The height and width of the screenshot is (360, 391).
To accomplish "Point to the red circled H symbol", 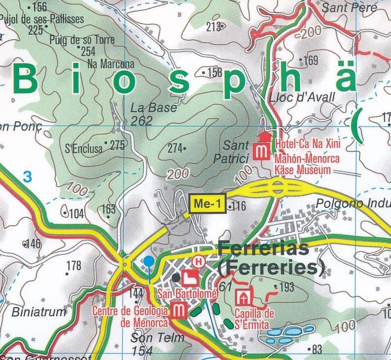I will (199, 261).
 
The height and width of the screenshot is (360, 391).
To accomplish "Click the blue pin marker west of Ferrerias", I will (149, 262).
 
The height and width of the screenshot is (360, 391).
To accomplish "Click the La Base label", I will (153, 107).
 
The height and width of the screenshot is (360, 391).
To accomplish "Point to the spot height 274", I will (175, 148).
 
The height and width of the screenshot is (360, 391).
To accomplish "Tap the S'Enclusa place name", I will (84, 146).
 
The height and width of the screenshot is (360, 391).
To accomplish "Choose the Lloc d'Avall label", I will (302, 97).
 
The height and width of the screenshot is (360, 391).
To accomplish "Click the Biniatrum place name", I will (38, 312).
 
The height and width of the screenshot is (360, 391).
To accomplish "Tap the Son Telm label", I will (157, 338).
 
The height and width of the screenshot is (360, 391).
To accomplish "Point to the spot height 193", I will (286, 287).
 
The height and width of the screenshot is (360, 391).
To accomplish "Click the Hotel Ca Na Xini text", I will (308, 144).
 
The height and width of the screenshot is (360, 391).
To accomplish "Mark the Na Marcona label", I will (110, 64).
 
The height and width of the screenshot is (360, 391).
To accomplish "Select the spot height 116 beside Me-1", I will (238, 205).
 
